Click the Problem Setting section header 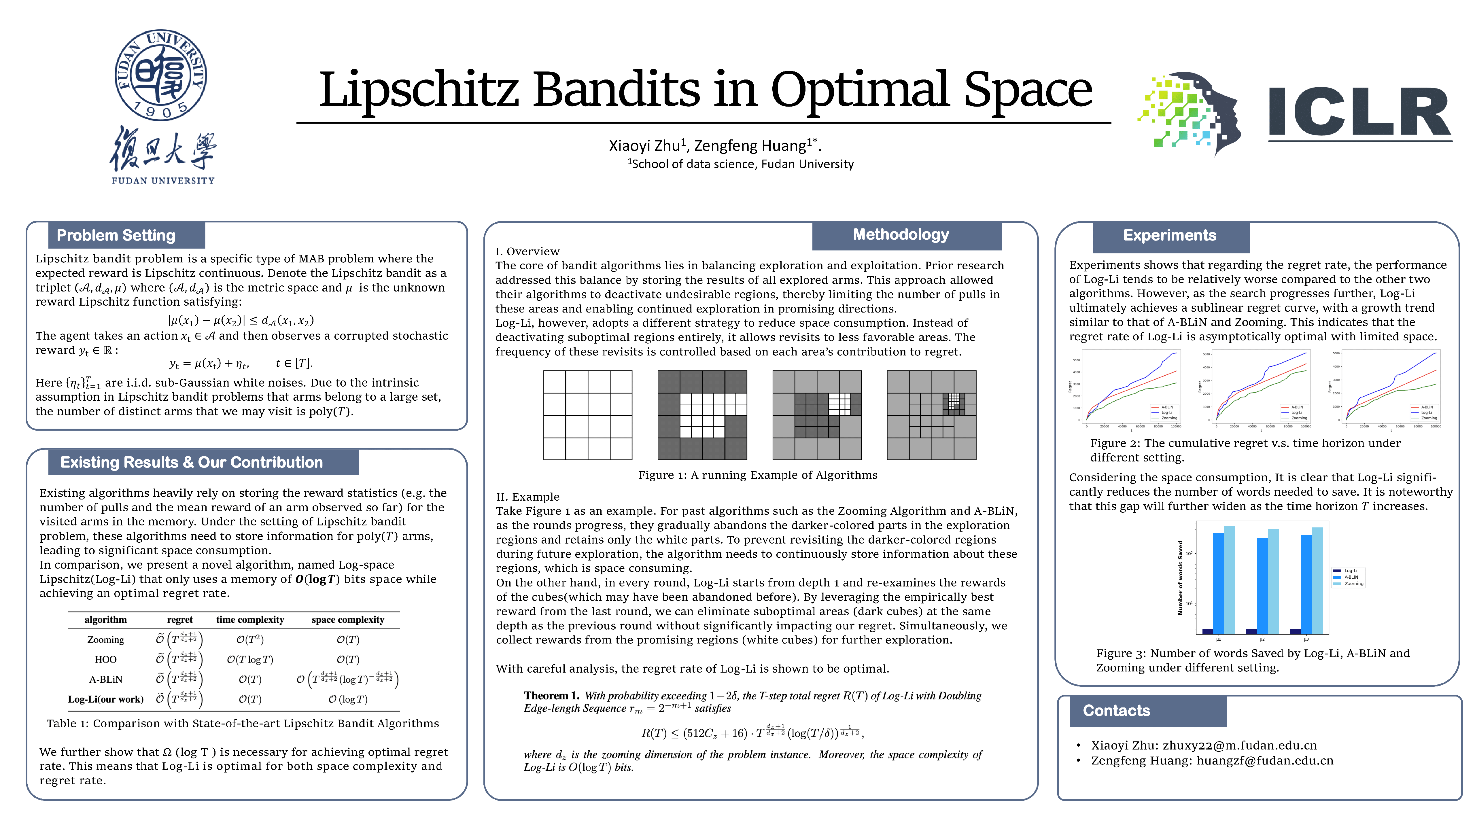116,235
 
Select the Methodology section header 901,235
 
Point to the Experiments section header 1169,235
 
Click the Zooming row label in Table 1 105,639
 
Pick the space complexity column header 347,620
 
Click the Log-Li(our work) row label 105,699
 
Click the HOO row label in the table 105,660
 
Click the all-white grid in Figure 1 587,415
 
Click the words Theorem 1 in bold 551,696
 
